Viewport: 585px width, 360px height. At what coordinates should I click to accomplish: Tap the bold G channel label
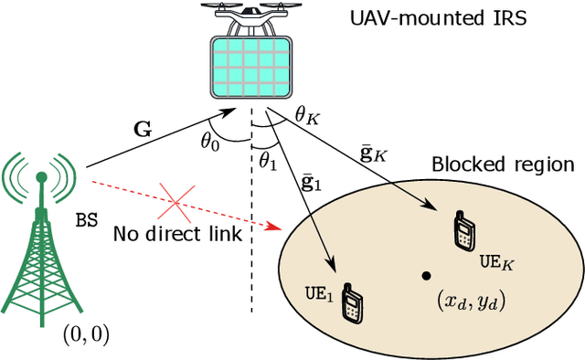[x=144, y=129]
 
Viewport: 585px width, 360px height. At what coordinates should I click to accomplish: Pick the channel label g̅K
[x=374, y=152]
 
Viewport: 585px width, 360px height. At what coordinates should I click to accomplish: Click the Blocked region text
[x=502, y=165]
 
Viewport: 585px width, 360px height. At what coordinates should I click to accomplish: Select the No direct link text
[x=177, y=235]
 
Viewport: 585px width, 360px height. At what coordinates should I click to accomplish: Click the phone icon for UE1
[x=351, y=302]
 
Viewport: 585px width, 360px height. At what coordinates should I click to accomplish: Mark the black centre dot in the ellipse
[x=426, y=274]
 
